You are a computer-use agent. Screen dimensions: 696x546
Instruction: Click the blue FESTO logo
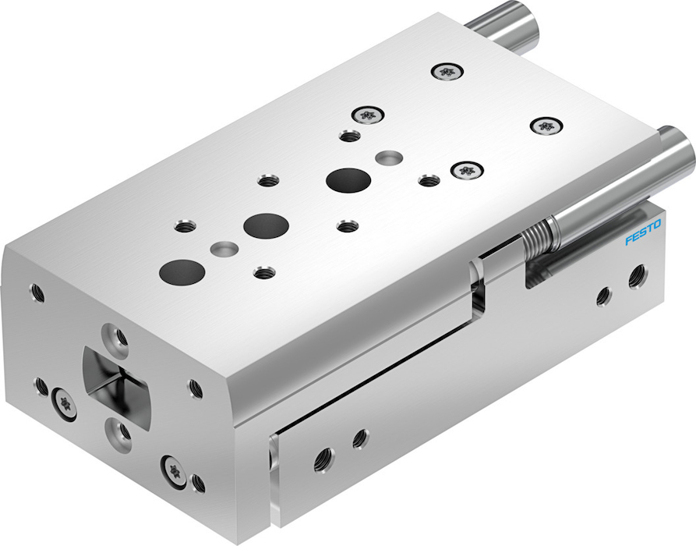643,232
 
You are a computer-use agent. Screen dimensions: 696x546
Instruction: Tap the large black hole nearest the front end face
182,272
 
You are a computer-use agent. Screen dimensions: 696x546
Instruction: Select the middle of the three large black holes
266,225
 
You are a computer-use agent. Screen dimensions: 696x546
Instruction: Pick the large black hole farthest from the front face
348,180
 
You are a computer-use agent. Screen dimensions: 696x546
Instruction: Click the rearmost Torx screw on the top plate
447,71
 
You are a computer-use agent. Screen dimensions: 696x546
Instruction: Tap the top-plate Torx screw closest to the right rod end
546,126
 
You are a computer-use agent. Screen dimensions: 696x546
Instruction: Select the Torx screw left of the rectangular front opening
63,403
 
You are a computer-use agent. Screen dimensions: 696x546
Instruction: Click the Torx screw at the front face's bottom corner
174,471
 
